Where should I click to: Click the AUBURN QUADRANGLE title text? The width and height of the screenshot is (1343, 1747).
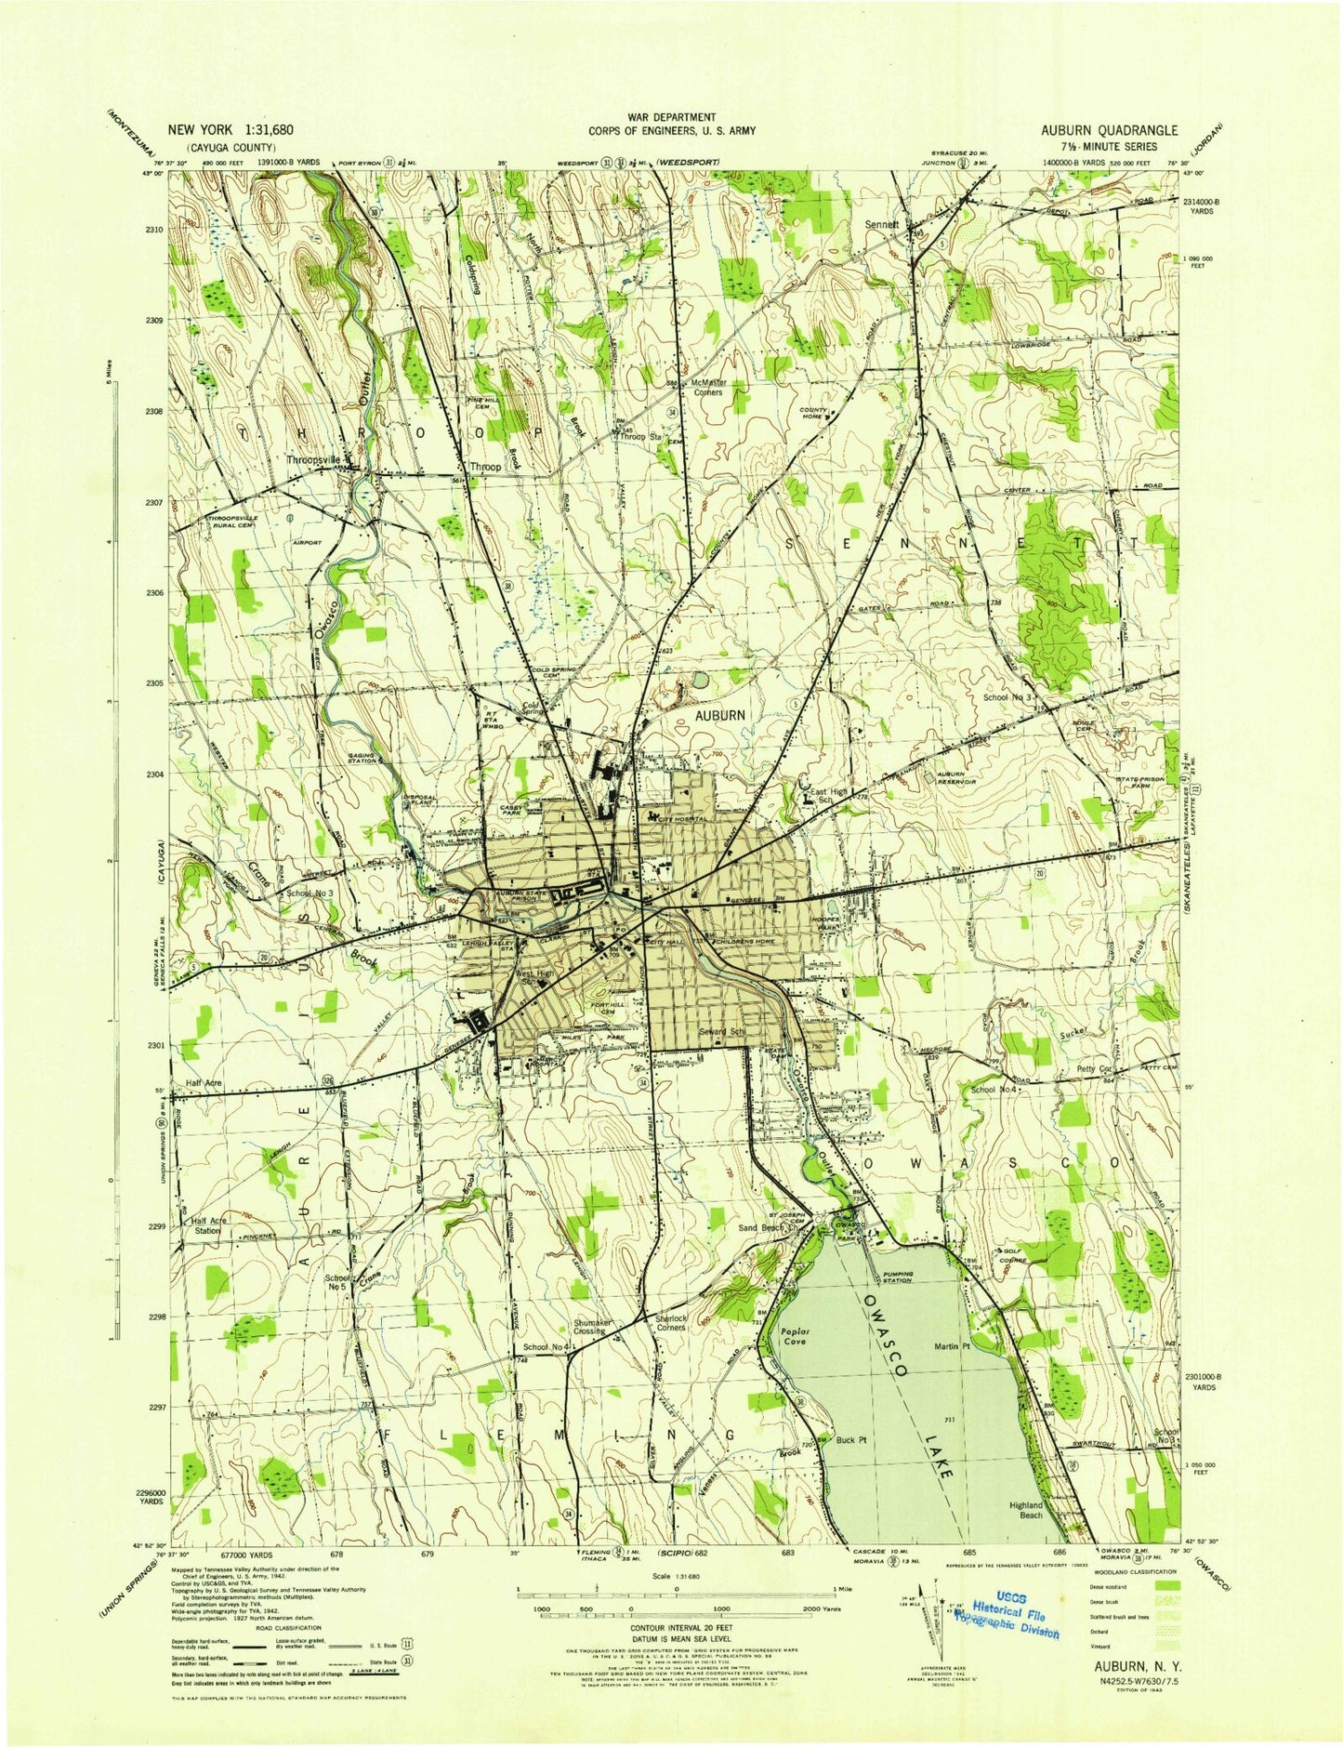click(1109, 131)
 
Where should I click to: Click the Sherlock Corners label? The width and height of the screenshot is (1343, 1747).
click(670, 1323)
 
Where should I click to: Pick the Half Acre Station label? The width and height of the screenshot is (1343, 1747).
click(206, 1225)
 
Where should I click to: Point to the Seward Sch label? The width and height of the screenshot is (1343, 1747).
click(724, 1032)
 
